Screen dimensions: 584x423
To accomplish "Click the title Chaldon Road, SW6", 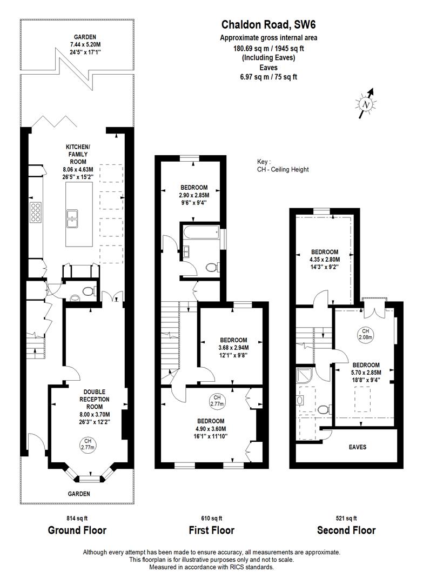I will (x=268, y=24).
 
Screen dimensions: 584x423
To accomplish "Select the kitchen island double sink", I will (x=72, y=218).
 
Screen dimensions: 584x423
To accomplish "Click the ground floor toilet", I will (x=88, y=291).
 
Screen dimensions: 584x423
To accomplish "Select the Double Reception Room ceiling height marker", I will (x=88, y=444).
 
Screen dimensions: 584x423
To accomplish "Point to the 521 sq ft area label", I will (x=346, y=517).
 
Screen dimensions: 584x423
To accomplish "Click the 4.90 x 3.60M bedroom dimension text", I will (x=210, y=429).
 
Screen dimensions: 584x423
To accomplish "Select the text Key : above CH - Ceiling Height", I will (x=265, y=162).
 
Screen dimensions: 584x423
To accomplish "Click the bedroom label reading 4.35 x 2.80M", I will (x=325, y=259).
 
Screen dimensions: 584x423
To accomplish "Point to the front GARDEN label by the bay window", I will (x=79, y=494).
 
